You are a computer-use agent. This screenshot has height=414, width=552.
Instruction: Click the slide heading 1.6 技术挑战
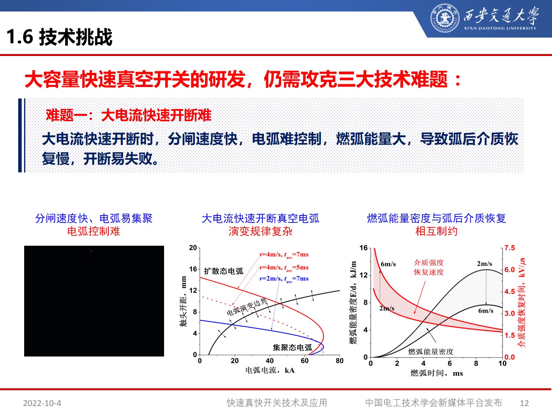tap(59, 37)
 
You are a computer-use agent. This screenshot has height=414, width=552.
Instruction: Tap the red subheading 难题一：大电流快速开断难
tap(128, 115)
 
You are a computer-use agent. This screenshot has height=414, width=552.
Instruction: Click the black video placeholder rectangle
tap(94, 301)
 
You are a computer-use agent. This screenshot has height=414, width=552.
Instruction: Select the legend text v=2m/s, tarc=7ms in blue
tap(284, 279)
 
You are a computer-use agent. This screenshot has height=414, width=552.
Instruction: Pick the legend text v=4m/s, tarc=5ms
tap(284, 268)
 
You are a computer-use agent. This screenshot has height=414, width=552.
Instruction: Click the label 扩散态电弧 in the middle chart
tap(223, 271)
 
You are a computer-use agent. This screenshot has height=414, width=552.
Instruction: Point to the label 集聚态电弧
tap(292, 347)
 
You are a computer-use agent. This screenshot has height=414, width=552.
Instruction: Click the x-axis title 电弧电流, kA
tap(270, 370)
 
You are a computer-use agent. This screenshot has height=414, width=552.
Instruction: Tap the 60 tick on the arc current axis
tap(304, 361)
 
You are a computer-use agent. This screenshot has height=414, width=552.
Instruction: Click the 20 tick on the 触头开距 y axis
tap(193, 248)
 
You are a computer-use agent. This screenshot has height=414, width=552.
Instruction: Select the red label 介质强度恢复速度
tap(429, 267)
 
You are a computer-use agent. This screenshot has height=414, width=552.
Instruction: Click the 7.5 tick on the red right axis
tap(509, 248)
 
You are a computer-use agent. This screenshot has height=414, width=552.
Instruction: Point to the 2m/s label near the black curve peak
tap(484, 264)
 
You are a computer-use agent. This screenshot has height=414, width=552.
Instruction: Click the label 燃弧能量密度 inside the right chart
tap(430, 351)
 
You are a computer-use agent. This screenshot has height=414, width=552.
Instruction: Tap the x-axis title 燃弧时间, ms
tap(436, 373)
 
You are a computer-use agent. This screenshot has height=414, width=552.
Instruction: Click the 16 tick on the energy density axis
tap(363, 248)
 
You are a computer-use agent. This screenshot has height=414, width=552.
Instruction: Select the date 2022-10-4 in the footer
tap(42, 403)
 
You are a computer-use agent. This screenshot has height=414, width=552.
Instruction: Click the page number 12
tap(524, 403)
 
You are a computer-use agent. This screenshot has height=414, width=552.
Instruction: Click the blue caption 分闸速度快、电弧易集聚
tap(94, 219)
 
